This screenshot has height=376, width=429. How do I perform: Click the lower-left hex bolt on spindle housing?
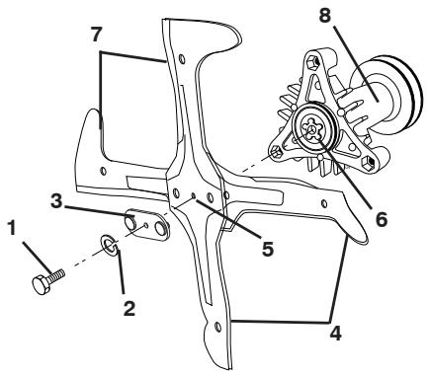pyautogui.click(x=279, y=151)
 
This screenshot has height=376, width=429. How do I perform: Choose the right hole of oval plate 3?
pyautogui.click(x=162, y=229)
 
